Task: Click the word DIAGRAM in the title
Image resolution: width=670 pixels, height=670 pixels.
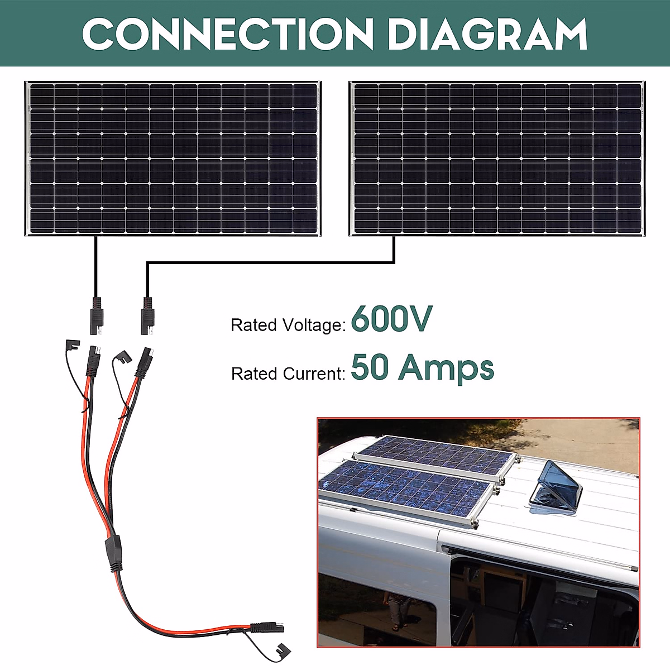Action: (487, 34)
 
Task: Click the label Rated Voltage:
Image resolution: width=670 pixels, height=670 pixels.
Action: (288, 325)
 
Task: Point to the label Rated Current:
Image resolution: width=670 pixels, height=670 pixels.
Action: (288, 374)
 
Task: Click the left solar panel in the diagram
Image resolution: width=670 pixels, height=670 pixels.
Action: (173, 159)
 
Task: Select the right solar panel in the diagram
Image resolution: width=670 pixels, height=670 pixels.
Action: (497, 159)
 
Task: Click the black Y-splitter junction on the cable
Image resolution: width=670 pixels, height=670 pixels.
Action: (113, 553)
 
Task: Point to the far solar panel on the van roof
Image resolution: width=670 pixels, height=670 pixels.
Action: (438, 455)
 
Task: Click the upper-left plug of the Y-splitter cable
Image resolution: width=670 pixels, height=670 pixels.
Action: (92, 360)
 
